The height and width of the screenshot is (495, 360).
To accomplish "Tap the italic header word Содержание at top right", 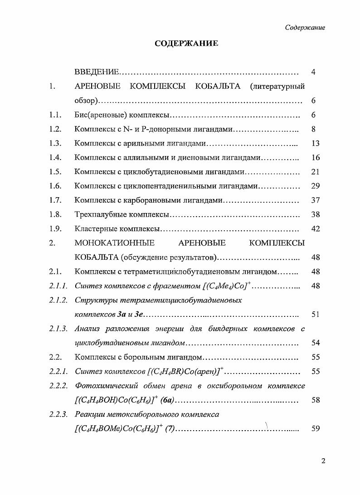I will [x=305, y=28].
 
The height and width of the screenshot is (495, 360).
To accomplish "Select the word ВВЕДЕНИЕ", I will [x=97, y=72].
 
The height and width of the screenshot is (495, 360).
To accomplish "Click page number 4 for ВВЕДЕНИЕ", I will [x=314, y=72].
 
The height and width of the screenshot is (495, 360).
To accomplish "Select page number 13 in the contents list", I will [x=316, y=143].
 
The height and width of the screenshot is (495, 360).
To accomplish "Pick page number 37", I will [x=316, y=200].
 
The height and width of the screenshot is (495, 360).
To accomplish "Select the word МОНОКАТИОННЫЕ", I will [x=114, y=243].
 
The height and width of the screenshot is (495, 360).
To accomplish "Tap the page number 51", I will [x=316, y=314].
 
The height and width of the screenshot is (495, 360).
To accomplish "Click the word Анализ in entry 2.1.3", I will [x=87, y=329].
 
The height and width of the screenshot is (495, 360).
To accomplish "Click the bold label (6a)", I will [x=167, y=400].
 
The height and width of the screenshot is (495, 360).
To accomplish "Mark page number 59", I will [x=316, y=429].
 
